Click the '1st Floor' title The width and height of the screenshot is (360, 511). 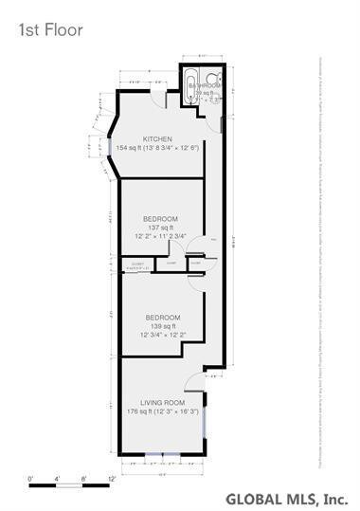click(49, 29)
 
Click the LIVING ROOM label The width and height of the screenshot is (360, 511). click(160, 402)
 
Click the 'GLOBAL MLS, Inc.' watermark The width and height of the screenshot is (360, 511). click(285, 499)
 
